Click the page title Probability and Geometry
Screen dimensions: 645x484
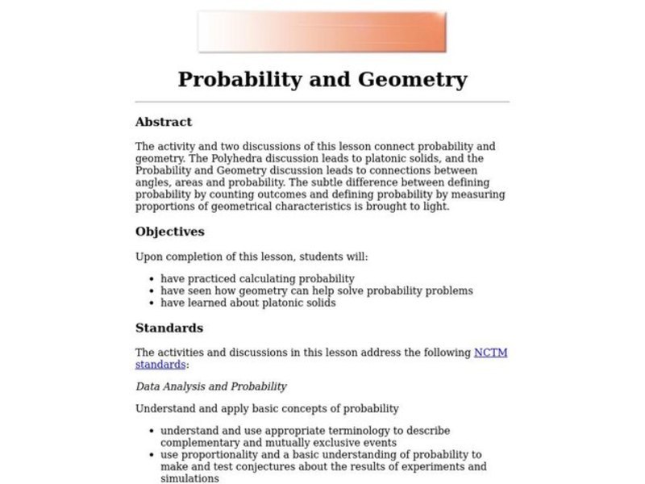322,79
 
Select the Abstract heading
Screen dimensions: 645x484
164,123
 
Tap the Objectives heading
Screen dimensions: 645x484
169,232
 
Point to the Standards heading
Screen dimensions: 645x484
169,328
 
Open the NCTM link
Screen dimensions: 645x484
491,353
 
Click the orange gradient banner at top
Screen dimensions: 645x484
322,32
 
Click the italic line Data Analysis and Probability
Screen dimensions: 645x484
211,386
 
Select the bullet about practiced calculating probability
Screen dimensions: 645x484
246,278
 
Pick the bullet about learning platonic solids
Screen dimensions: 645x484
248,302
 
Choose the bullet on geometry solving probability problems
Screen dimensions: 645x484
317,290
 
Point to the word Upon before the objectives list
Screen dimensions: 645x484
149,257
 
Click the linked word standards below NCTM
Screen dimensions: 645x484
160,365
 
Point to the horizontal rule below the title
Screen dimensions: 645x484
322,102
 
